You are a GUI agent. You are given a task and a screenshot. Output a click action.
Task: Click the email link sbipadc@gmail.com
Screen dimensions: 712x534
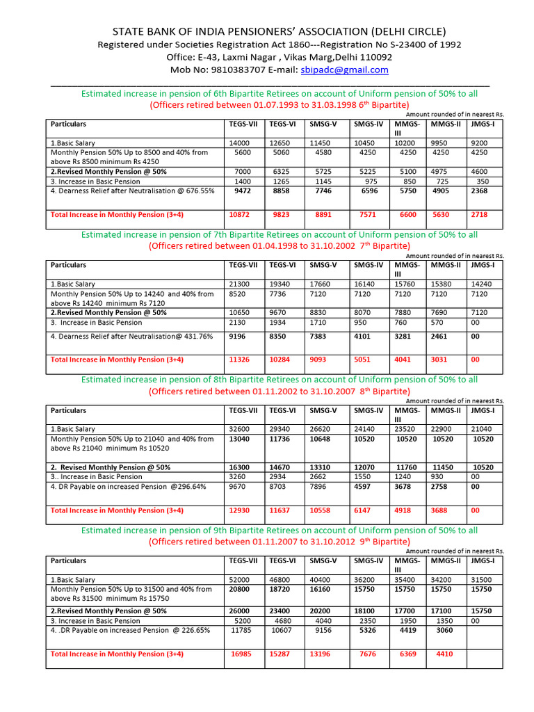click(344, 70)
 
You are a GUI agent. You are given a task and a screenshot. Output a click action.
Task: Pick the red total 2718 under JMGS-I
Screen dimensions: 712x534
click(480, 215)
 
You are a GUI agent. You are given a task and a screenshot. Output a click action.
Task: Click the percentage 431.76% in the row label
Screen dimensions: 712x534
click(194, 337)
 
